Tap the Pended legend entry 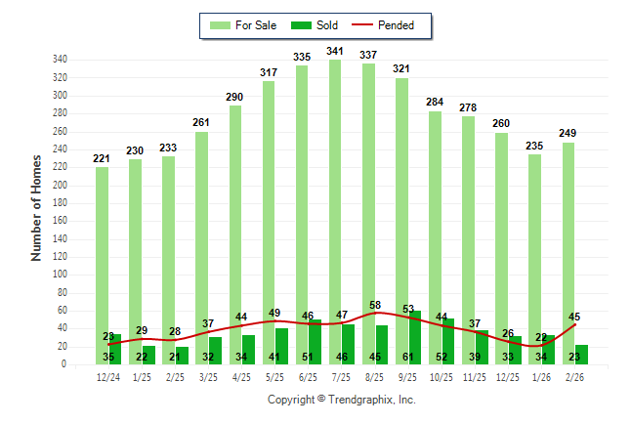385,25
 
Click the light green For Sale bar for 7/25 335,195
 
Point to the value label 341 335,52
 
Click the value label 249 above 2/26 568,133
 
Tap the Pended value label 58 375,306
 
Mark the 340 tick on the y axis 60,60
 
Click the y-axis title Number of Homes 37,207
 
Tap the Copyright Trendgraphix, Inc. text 342,400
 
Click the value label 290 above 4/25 235,97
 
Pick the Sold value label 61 408,357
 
